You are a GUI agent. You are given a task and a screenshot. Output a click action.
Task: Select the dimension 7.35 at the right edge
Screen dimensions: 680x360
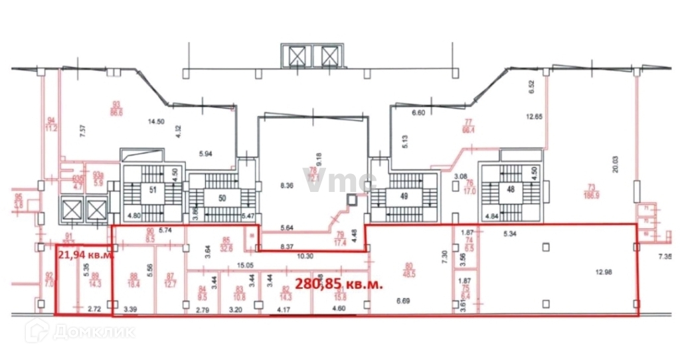[666, 256]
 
